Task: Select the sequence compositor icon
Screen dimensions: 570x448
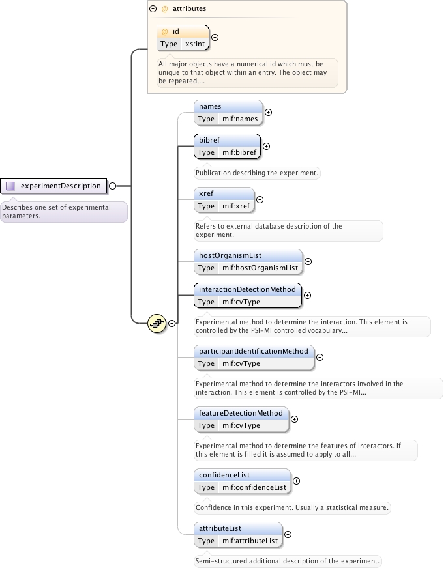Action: pos(157,322)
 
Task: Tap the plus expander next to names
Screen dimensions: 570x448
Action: pos(268,113)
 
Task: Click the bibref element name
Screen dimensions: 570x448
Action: pos(210,140)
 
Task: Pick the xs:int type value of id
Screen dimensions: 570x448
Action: pos(195,44)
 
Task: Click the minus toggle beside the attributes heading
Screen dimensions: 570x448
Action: pos(153,9)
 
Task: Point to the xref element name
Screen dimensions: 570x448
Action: pos(206,193)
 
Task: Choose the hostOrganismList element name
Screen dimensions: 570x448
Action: pos(231,255)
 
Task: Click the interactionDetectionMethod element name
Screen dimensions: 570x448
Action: pos(247,289)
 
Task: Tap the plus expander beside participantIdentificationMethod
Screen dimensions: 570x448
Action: pos(320,357)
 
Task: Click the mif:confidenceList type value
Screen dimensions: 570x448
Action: pos(254,487)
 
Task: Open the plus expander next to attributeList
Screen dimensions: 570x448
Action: pos(288,535)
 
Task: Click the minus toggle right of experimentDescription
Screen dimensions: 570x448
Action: pos(112,186)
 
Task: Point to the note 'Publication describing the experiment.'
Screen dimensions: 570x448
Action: pos(258,173)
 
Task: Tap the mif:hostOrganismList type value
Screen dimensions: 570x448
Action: pos(260,268)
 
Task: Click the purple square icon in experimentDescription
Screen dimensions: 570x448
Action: pos(10,186)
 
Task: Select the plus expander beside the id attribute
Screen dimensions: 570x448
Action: pos(215,37)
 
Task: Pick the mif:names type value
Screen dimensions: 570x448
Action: pos(239,119)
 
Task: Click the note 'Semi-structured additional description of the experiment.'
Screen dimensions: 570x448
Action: pos(287,561)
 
